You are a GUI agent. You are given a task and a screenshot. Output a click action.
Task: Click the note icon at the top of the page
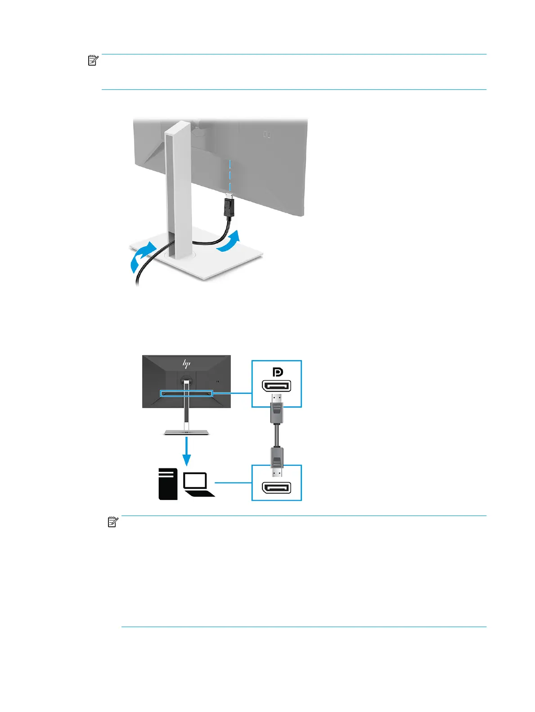(92, 60)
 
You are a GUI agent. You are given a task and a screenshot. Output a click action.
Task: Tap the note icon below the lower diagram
(113, 522)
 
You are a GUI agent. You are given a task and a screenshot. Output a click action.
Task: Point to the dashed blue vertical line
(229, 175)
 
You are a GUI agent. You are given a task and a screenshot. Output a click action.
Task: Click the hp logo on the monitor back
(186, 363)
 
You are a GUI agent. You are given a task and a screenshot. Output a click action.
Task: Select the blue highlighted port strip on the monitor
(186, 393)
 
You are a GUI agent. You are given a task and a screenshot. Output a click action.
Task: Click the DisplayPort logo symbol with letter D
(277, 372)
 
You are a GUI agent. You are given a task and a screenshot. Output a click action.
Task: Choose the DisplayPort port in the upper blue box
(276, 386)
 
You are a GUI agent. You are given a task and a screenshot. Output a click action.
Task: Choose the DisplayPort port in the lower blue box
(276, 488)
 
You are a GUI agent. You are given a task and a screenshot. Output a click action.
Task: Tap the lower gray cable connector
(276, 458)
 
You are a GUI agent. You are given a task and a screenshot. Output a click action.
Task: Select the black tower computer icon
(168, 484)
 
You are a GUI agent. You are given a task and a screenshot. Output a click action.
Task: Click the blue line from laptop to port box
(233, 483)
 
